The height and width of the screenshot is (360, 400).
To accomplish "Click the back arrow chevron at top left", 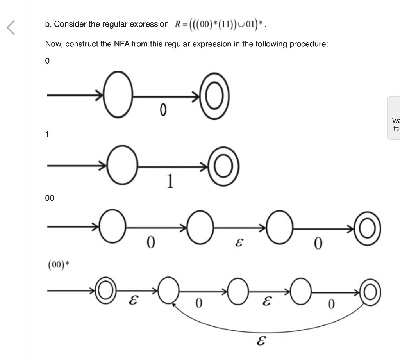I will (11, 27).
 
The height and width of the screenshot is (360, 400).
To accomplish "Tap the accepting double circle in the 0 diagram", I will (214, 96).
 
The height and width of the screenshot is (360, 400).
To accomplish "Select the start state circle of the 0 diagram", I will (118, 95).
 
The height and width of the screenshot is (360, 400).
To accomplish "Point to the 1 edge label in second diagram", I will (170, 181).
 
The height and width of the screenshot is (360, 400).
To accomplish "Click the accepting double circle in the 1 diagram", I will (223, 167).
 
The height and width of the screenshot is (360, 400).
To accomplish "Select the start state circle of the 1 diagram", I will (123, 165).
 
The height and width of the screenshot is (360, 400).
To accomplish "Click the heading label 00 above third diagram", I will (50, 198).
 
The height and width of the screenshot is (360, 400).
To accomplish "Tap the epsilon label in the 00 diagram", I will (238, 243).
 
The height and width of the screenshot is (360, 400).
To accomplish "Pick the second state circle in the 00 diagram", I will (200, 227).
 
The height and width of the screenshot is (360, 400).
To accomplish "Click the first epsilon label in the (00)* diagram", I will (133, 301).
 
